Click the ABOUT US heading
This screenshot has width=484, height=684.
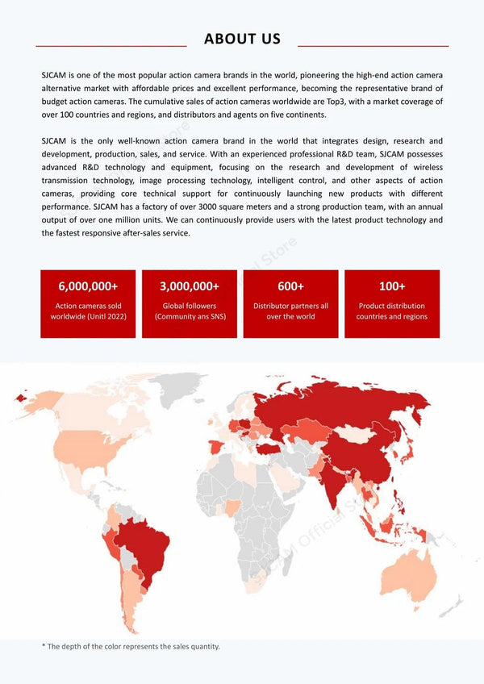coord(242,39)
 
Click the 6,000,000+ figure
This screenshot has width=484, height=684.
coord(88,286)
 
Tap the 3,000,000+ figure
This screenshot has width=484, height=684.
coord(190,286)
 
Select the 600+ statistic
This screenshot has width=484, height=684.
coord(290,286)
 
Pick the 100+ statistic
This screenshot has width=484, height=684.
coord(392,286)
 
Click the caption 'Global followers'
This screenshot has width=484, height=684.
coord(190,306)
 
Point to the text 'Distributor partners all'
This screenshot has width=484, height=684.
coord(290,306)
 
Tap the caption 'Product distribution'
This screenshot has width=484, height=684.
coord(392,306)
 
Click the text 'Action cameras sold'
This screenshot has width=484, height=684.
coord(88,306)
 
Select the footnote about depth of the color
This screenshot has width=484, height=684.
coord(131,646)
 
